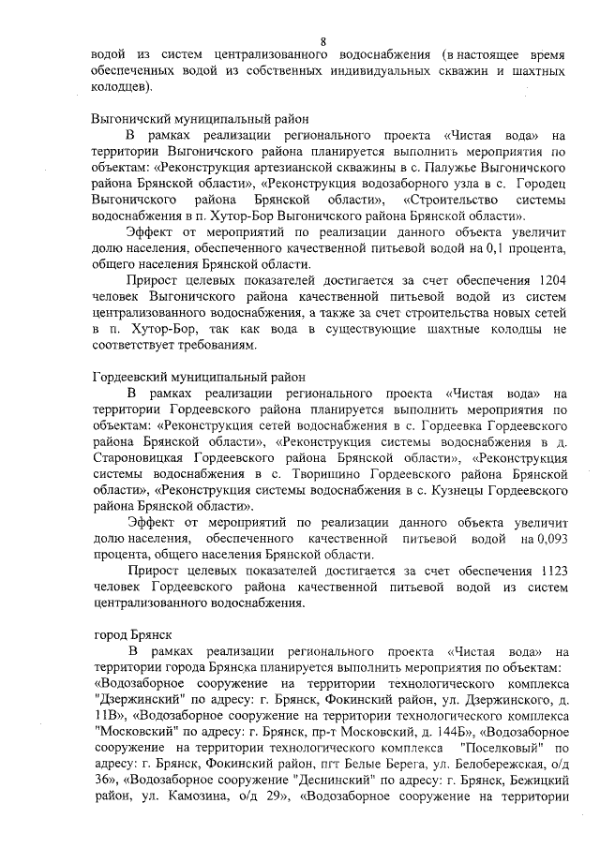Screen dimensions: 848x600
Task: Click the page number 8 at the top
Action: click(x=323, y=41)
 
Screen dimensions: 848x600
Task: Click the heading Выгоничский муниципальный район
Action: click(x=201, y=119)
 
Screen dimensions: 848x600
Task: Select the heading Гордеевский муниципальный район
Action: click(x=200, y=377)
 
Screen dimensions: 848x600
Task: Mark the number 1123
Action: click(x=547, y=571)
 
